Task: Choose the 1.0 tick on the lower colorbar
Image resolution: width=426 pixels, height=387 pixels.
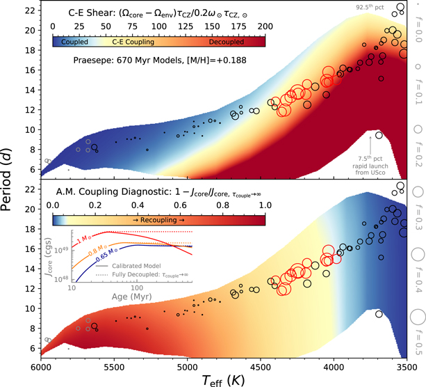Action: [265, 205]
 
